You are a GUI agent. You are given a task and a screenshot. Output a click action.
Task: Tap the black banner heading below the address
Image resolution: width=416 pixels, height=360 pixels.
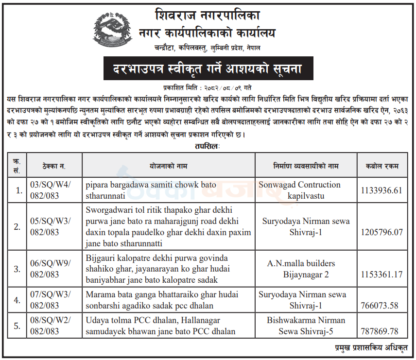(208, 69)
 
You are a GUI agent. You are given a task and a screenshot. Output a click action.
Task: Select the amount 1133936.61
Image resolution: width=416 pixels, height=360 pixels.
(381, 190)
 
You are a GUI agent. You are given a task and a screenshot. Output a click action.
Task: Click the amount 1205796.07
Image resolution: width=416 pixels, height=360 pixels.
(381, 232)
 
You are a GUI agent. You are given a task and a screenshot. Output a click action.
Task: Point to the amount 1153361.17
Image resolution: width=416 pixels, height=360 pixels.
(381, 274)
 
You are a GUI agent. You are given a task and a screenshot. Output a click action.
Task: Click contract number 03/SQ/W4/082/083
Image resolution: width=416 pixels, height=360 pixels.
(51, 189)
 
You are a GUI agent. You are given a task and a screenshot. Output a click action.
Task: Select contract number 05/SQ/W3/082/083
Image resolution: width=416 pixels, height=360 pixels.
(51, 226)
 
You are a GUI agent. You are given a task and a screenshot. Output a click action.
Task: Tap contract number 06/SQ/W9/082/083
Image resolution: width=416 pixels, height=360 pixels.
(51, 268)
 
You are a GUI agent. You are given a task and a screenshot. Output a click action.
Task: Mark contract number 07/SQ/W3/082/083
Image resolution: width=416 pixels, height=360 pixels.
(51, 300)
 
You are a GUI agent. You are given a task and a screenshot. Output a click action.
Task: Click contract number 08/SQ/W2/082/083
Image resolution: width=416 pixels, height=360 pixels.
(51, 326)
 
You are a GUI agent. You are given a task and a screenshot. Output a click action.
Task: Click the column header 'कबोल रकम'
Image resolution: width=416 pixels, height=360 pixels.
(382, 166)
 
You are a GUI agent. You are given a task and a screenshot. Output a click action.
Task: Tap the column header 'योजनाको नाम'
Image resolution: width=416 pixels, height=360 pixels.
(168, 166)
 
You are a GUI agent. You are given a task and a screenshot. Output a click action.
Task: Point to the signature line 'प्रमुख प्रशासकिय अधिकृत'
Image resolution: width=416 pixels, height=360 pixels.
(371, 348)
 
